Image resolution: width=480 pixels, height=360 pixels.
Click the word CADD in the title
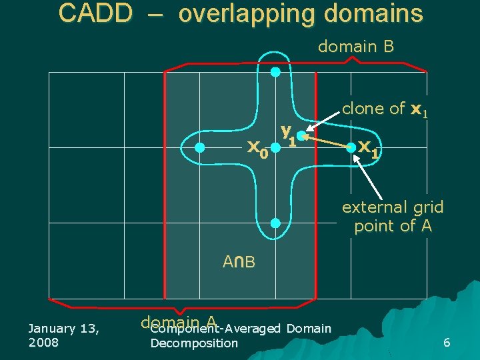(95, 13)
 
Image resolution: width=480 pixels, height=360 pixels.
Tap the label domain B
(356, 47)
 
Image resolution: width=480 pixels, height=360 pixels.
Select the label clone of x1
(385, 109)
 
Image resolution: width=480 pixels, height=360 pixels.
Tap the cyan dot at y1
(301, 136)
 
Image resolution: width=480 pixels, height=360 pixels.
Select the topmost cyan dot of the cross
(275, 73)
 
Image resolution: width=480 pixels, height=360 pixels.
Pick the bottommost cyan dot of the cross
(275, 223)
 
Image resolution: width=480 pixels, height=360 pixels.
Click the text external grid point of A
(393, 217)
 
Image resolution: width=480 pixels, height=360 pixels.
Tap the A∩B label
(239, 262)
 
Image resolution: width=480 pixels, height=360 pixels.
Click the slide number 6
(447, 343)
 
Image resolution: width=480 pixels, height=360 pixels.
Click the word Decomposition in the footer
(194, 343)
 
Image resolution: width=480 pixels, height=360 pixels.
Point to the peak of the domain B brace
(355, 58)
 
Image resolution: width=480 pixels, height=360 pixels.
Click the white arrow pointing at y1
(323, 125)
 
